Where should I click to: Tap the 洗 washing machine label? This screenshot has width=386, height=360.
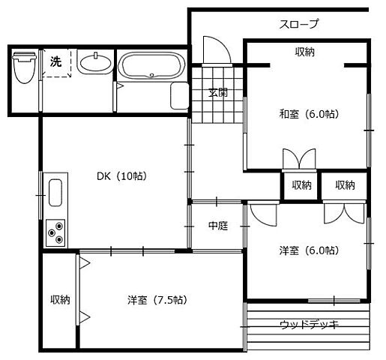pos(55,61)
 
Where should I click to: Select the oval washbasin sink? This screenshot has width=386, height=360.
pos(94,64)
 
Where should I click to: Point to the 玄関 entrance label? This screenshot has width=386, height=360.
pos(218,93)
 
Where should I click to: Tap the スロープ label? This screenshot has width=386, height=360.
pos(299,24)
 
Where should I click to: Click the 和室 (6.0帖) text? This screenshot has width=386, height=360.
pos(308,114)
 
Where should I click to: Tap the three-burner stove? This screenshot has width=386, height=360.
pos(55,232)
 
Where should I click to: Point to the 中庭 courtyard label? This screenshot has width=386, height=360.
pos(217,226)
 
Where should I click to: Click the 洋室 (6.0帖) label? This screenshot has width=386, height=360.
pos(308,250)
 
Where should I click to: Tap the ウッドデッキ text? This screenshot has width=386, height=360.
pos(309,325)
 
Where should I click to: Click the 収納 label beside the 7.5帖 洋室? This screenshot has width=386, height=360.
pos(60,299)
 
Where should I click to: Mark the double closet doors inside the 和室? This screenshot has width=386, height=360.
pos(299,160)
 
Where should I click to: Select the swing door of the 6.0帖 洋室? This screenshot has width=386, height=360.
pos(262,215)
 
